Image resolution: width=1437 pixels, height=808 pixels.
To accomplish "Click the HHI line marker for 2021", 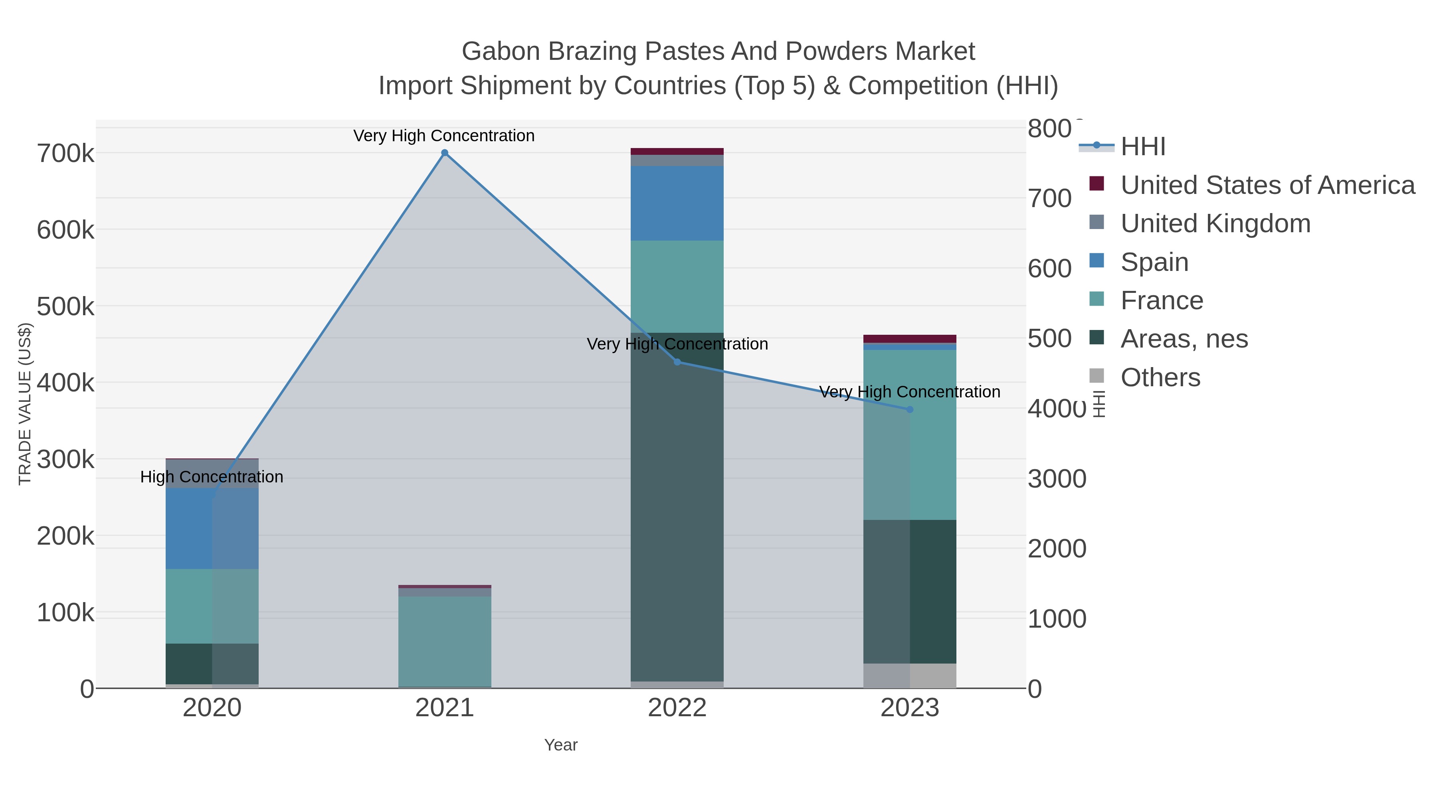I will click(x=445, y=153).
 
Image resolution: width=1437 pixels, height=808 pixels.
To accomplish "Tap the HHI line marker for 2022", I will click(x=677, y=362).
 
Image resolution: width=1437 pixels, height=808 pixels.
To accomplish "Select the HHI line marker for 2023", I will click(x=910, y=409).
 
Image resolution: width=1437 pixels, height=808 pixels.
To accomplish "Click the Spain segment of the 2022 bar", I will click(x=677, y=203).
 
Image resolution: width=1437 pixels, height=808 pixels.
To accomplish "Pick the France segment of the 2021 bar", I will click(x=445, y=641).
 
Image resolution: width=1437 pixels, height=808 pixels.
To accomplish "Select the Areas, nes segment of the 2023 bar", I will click(x=910, y=591).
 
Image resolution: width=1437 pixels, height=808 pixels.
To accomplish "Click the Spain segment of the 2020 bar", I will click(x=212, y=529).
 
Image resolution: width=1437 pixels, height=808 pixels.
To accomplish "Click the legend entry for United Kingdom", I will click(x=1215, y=223).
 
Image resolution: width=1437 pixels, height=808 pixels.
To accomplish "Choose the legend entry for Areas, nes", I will click(x=1184, y=339).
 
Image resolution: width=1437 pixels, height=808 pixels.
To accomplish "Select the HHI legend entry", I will click(x=1142, y=147).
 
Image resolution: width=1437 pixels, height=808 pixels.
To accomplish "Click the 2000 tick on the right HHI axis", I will click(x=1057, y=549).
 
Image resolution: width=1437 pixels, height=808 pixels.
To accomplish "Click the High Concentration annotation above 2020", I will click(x=212, y=477).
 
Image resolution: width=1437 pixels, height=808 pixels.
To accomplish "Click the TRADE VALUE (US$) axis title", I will click(x=25, y=404).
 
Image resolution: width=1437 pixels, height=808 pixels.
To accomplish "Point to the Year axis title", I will click(x=561, y=745).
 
